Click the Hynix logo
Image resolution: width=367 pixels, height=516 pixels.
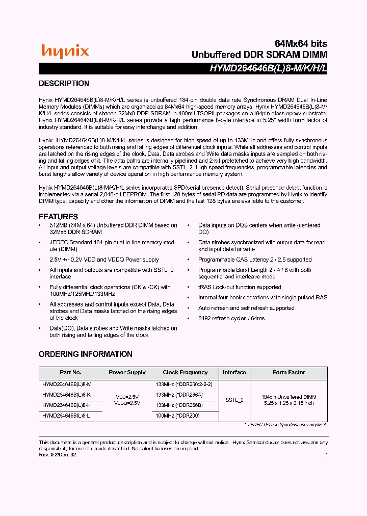point(65,51)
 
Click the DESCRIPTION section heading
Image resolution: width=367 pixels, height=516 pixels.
point(64,84)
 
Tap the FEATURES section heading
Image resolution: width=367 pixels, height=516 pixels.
point(58,217)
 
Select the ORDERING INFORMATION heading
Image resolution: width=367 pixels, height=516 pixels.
point(85,354)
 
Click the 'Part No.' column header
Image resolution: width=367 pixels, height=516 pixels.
point(70,373)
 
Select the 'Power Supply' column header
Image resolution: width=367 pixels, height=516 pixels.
point(127,373)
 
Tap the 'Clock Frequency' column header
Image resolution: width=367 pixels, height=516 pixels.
point(185,373)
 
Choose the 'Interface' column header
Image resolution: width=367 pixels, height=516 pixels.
point(234,373)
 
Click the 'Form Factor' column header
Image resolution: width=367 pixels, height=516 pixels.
point(289,373)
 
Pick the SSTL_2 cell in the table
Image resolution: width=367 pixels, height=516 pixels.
point(234,400)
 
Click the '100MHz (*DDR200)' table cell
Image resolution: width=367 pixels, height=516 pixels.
point(178,416)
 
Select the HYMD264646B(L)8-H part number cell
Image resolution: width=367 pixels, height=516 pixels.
point(66,405)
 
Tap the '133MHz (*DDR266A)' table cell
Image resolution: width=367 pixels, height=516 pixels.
point(179,395)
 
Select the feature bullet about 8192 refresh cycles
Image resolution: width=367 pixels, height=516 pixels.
point(231,319)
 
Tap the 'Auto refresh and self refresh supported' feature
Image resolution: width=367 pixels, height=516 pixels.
point(246,308)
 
